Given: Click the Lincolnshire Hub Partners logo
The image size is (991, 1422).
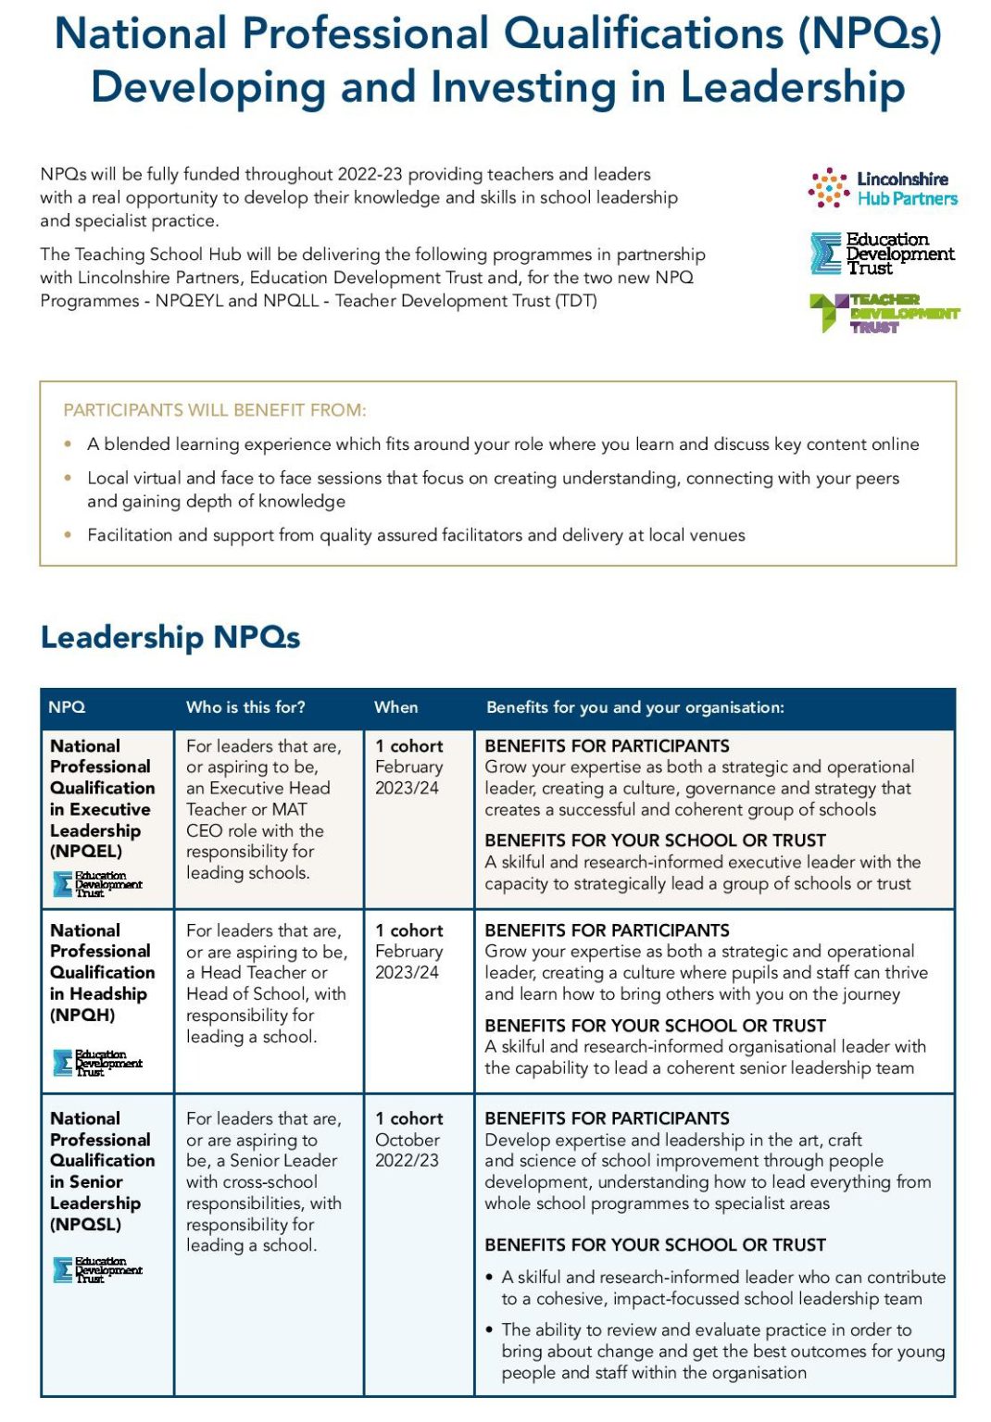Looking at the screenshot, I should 882,188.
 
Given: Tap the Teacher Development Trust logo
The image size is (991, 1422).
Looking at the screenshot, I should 884,313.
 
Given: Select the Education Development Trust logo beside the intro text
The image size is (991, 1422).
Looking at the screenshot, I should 881,254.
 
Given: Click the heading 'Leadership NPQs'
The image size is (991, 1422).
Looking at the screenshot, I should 170,637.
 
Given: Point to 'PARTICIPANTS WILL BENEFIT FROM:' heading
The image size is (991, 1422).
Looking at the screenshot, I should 215,410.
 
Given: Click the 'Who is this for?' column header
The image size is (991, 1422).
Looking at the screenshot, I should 245,707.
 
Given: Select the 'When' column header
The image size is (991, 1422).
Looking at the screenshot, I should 395,707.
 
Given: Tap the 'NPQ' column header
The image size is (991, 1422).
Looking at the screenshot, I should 67,707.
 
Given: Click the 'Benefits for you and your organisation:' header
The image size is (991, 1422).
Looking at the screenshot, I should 634,707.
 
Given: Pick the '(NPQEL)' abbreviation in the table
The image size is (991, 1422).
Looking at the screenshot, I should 86,851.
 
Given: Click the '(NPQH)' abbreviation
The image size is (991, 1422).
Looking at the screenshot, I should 82,1015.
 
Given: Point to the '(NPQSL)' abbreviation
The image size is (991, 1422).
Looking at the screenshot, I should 85,1224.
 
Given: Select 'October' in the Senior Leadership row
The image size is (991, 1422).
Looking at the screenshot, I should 408,1140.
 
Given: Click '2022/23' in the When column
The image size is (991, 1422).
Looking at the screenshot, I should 408,1160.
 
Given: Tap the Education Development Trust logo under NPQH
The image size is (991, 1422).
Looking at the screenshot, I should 97,1062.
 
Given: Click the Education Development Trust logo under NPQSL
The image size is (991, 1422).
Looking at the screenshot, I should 97,1269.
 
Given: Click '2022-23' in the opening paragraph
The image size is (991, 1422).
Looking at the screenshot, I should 370,174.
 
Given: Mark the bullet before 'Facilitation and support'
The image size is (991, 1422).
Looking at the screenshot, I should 68,535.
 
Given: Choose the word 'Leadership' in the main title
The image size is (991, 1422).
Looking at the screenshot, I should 793,87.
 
